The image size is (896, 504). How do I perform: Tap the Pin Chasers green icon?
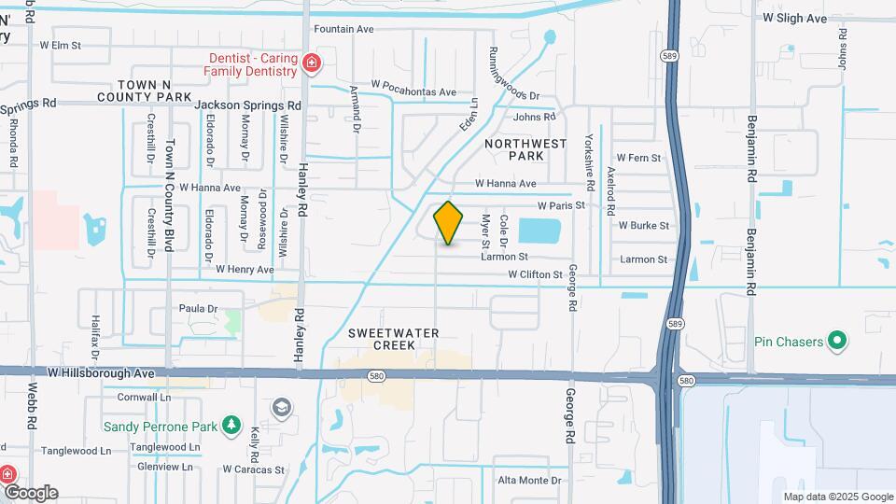[x=838, y=341]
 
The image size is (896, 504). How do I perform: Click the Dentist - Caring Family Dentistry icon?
[x=311, y=64]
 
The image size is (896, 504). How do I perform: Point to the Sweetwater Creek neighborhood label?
[x=380, y=339]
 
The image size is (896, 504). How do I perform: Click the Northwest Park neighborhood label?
[x=525, y=150]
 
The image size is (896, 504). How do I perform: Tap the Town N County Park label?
[x=144, y=91]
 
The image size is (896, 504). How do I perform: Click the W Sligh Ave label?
[x=794, y=18]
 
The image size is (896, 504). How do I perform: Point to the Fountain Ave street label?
[x=343, y=29]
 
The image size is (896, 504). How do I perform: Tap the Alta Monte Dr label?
[x=529, y=480]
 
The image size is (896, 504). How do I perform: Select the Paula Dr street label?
[x=198, y=308]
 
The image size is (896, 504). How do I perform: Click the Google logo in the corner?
[x=30, y=493]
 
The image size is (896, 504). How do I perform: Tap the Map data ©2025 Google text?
[x=838, y=497]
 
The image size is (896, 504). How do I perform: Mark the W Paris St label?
[x=560, y=205]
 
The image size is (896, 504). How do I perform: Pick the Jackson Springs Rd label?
[x=247, y=105]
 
